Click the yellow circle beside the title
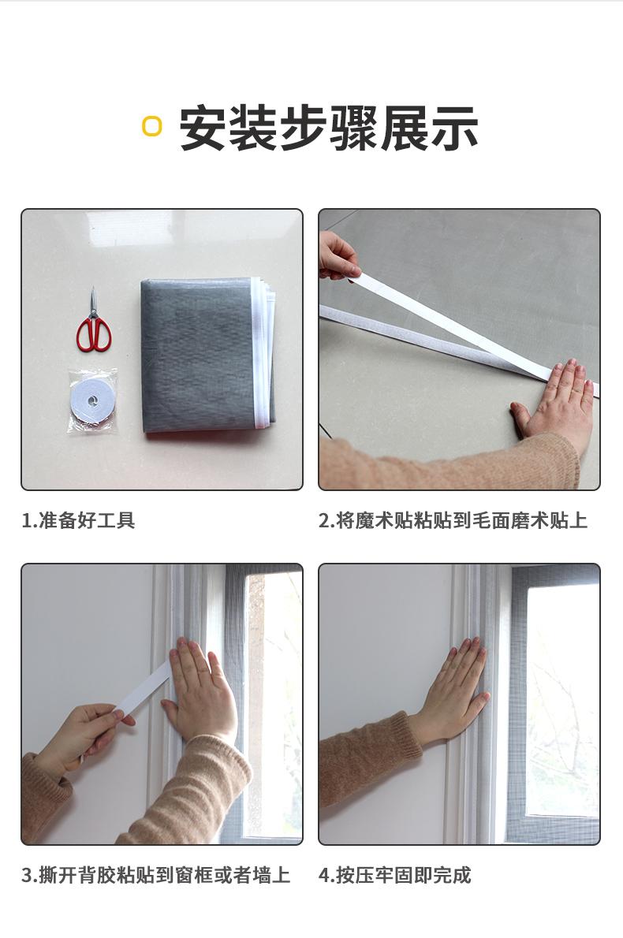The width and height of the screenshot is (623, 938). click(x=152, y=126)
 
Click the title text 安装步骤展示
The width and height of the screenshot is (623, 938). click(x=329, y=128)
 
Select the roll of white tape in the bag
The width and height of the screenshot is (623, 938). click(x=92, y=400)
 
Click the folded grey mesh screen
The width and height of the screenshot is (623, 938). click(x=201, y=355)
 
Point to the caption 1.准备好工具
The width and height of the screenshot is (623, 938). click(x=78, y=520)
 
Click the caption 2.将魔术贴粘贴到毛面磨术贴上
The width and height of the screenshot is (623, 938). click(x=453, y=520)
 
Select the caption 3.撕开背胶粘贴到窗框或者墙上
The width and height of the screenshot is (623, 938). click(x=155, y=875)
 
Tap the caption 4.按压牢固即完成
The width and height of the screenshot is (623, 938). click(x=394, y=875)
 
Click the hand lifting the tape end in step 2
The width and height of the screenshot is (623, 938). click(x=338, y=256)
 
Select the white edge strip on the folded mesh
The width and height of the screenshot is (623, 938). click(x=259, y=355)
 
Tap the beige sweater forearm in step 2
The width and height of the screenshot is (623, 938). click(x=442, y=465)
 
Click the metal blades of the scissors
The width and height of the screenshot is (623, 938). click(x=93, y=303)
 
